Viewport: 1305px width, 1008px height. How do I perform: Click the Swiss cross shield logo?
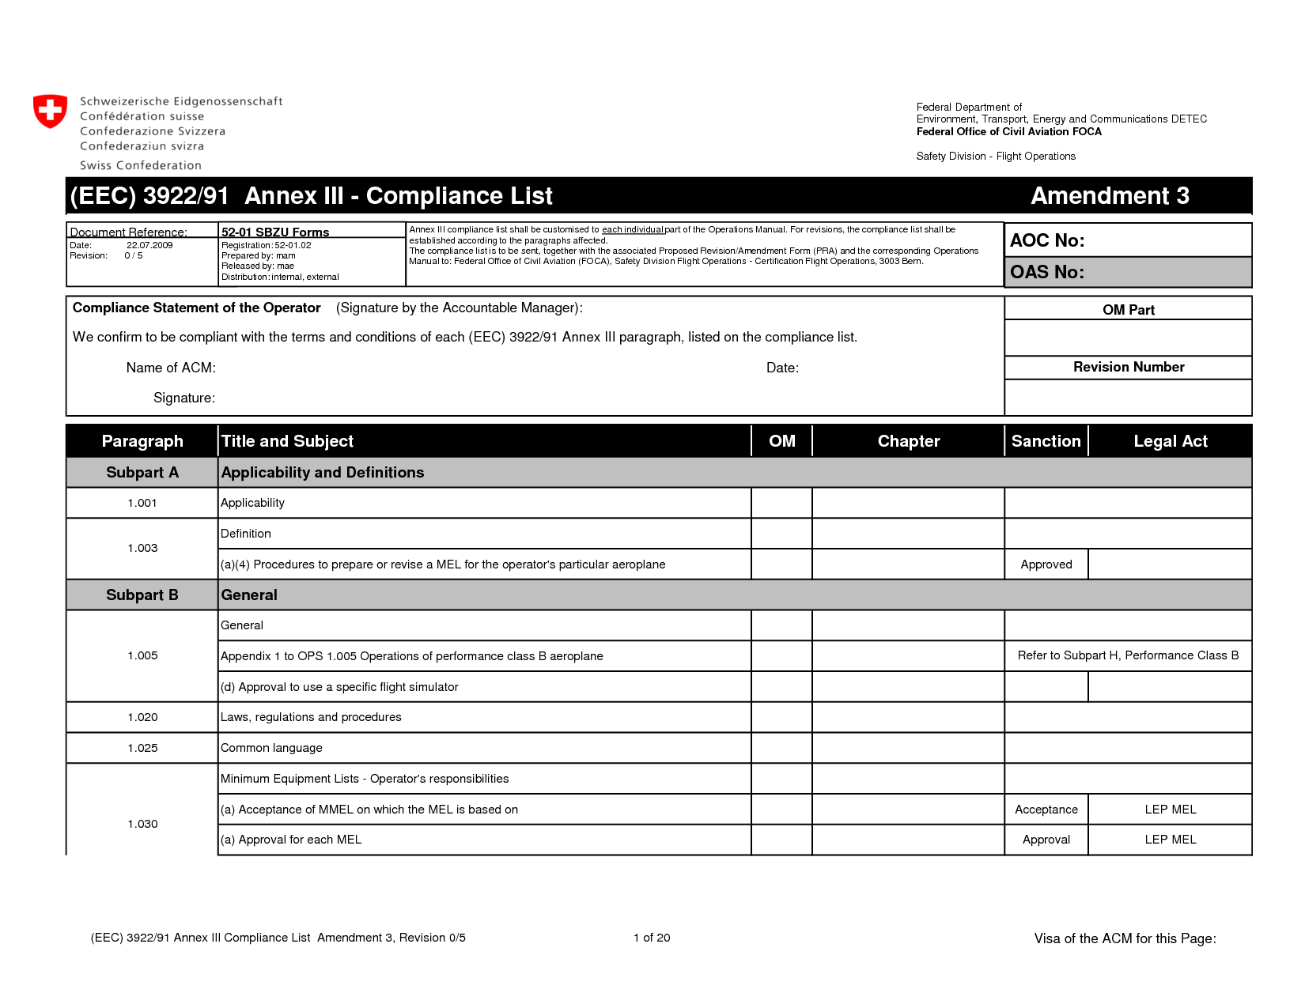tap(50, 111)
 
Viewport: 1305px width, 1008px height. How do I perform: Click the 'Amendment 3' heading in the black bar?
tap(1110, 196)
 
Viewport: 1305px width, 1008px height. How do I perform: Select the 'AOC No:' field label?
tap(1047, 240)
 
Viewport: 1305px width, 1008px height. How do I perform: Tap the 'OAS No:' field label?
tap(1047, 272)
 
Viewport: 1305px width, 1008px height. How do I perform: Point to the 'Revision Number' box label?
tap(1129, 367)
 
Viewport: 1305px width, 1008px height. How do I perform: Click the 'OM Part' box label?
tap(1129, 310)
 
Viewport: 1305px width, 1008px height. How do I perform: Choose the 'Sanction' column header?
tap(1046, 441)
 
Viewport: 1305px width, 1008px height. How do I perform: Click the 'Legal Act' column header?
tap(1170, 441)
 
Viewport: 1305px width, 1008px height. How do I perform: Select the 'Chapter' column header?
tap(909, 441)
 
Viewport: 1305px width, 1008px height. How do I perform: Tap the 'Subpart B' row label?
tap(142, 595)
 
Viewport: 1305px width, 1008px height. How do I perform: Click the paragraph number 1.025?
tap(142, 748)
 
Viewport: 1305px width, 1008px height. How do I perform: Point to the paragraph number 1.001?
tap(142, 503)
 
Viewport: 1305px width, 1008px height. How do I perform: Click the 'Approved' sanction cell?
tap(1046, 564)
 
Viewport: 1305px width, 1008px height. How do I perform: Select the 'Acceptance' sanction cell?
tap(1046, 810)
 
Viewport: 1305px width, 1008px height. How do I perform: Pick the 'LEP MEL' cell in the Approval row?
tap(1170, 840)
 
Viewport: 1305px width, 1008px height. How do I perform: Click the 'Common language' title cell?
tap(271, 748)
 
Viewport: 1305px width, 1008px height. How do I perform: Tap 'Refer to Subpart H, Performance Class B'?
tap(1128, 655)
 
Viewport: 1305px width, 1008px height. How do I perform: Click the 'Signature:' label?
tap(184, 398)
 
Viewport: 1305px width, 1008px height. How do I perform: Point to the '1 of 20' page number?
tap(652, 938)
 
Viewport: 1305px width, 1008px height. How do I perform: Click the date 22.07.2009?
tap(149, 245)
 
